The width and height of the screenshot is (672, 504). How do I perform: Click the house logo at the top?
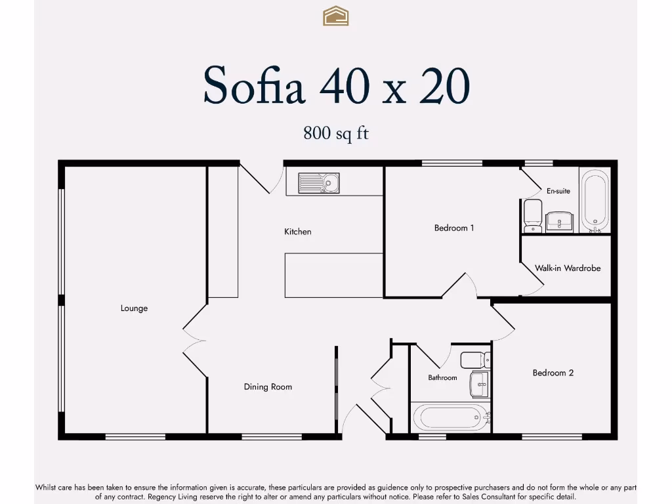(x=335, y=16)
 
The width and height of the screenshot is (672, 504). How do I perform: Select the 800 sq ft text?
(x=335, y=133)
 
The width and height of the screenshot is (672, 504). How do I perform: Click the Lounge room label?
(x=134, y=308)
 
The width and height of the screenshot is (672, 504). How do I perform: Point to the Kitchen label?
(x=297, y=232)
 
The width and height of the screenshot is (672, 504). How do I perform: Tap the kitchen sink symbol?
(x=318, y=182)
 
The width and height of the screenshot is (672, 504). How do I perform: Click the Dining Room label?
(x=268, y=387)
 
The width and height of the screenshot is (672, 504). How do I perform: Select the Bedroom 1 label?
(x=453, y=228)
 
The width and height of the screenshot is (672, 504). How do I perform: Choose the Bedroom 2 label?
(x=553, y=373)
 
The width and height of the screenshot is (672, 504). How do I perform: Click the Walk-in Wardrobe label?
(x=567, y=268)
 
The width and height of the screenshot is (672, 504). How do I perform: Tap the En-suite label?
(x=558, y=191)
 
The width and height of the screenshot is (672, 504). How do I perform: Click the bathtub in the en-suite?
(x=595, y=200)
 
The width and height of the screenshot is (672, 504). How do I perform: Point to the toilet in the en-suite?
(x=532, y=216)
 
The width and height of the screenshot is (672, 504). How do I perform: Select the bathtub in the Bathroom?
(x=450, y=417)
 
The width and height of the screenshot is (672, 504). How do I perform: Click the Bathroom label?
(x=442, y=378)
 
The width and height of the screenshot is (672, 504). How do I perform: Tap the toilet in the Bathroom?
(x=474, y=360)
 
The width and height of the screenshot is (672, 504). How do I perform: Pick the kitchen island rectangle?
(x=333, y=275)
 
